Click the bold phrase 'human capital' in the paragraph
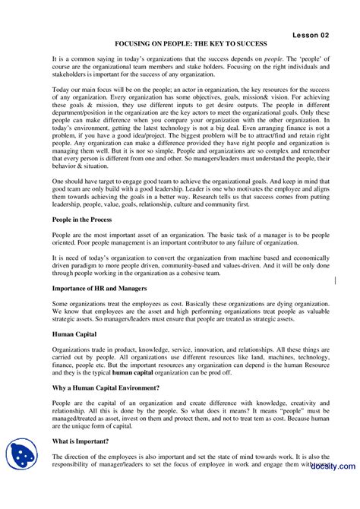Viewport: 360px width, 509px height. pos(136,375)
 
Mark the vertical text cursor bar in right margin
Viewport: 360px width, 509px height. pos(336,261)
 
